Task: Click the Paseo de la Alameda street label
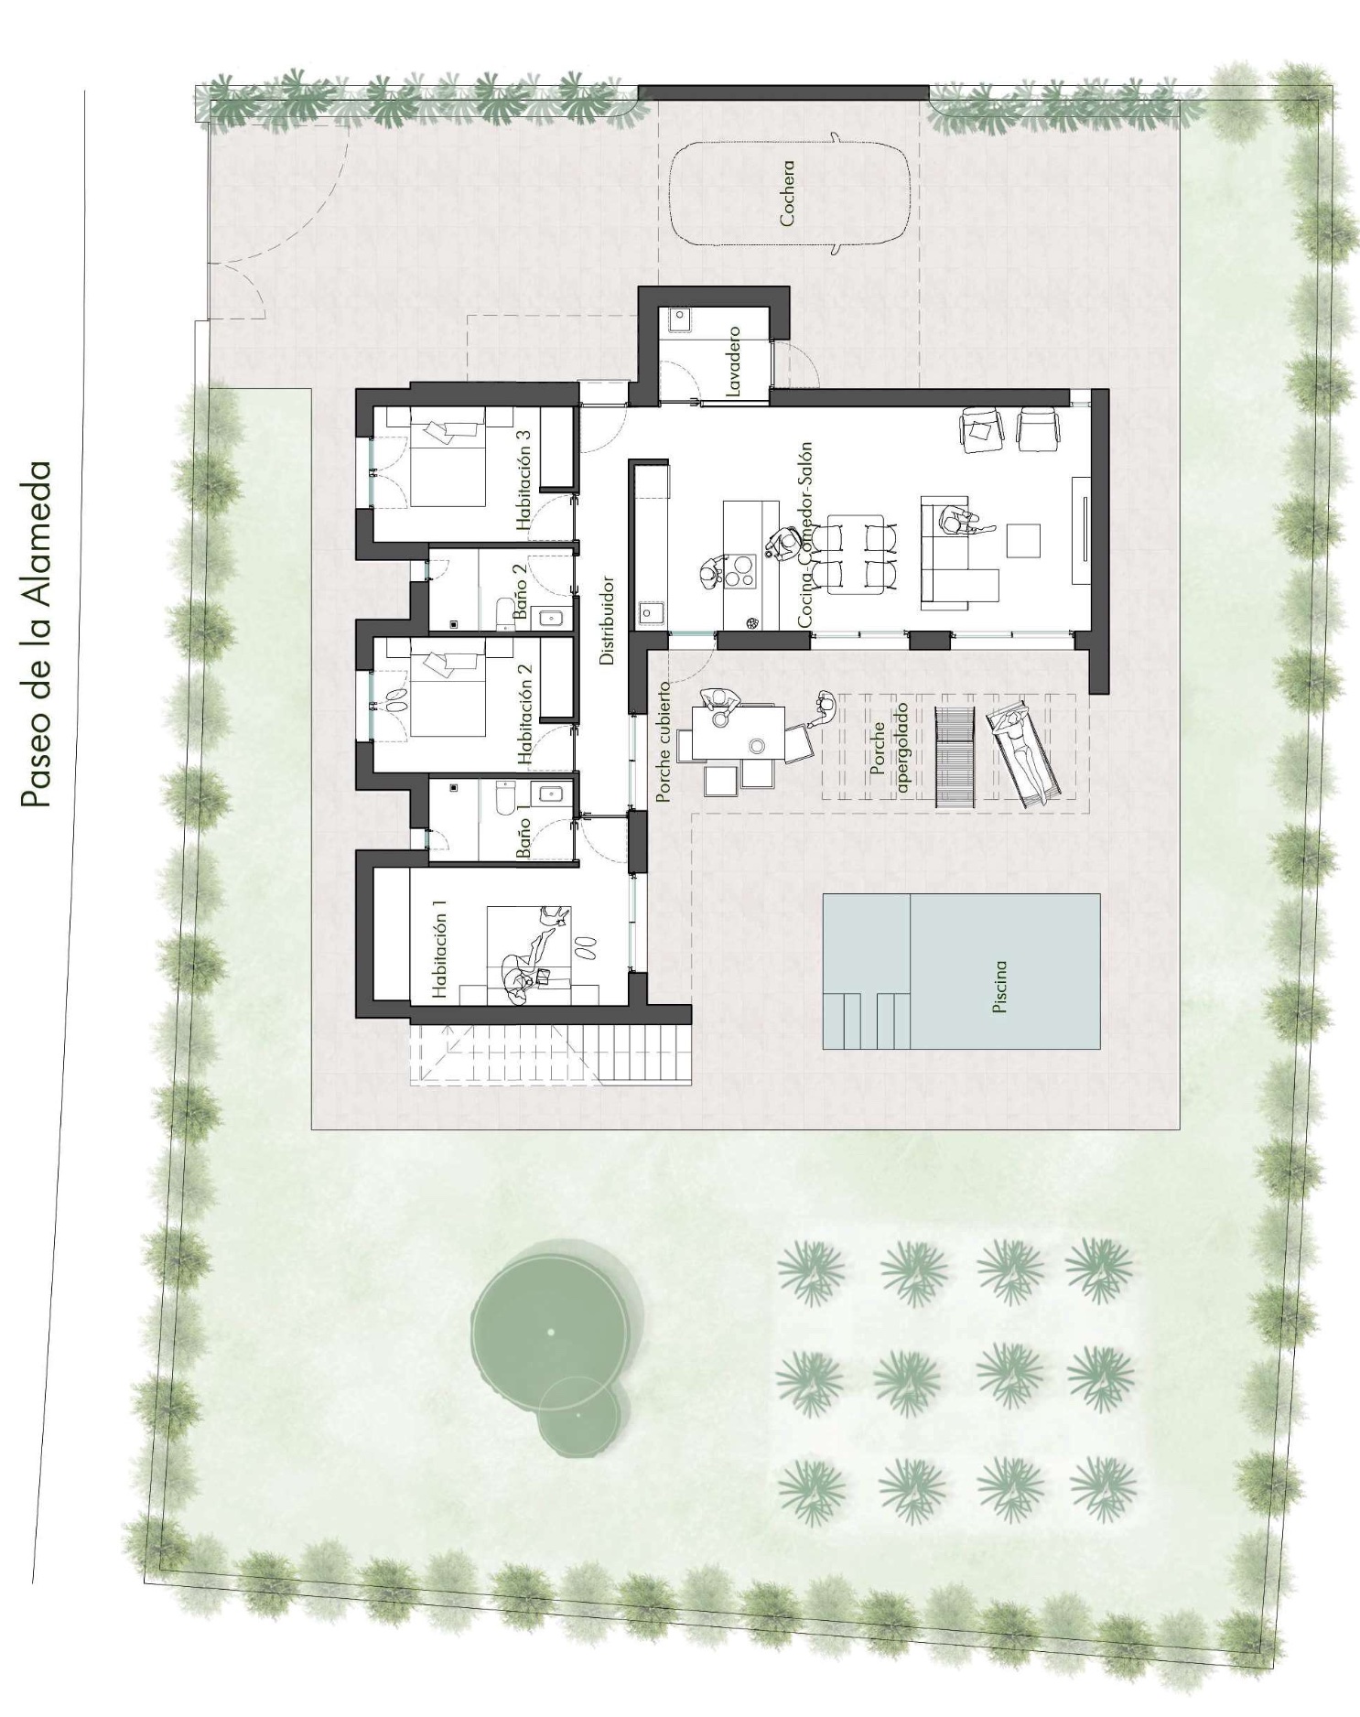pos(36,633)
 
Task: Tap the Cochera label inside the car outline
pos(787,193)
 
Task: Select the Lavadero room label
pos(733,361)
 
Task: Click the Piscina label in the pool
pos(999,986)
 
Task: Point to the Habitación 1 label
pos(440,949)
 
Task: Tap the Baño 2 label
pos(520,592)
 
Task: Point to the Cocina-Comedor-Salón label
pos(804,535)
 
